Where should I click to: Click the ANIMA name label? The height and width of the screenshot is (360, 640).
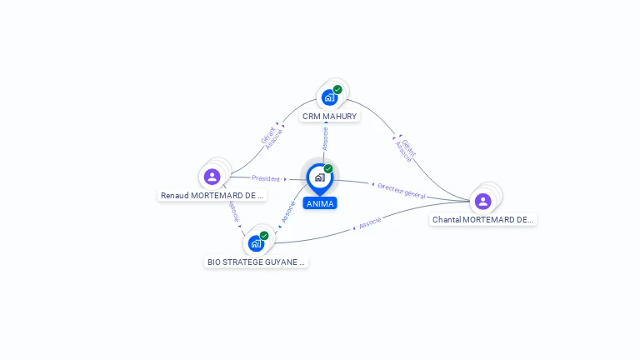(x=320, y=203)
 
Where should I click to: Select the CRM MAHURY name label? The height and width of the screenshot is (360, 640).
(x=329, y=117)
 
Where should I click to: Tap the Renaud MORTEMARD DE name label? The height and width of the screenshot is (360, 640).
(x=212, y=196)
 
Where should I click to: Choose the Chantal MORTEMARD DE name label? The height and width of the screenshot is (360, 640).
(x=483, y=220)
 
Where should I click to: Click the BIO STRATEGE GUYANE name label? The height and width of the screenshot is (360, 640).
(x=257, y=262)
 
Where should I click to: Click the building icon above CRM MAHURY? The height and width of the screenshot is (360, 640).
(x=329, y=97)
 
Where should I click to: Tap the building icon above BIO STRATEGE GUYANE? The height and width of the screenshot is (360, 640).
(x=256, y=243)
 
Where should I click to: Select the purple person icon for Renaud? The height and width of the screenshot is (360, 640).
(x=212, y=177)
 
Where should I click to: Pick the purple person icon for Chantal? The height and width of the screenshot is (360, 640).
(x=482, y=201)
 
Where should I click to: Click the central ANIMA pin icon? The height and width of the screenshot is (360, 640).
(x=319, y=177)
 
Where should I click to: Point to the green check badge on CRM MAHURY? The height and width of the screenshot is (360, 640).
(x=337, y=89)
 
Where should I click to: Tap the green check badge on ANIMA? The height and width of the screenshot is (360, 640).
(x=328, y=168)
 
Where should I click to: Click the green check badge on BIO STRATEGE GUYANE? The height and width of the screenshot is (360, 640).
(x=264, y=235)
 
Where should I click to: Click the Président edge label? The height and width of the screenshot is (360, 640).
(x=266, y=178)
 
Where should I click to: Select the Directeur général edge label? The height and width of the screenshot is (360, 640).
(x=402, y=190)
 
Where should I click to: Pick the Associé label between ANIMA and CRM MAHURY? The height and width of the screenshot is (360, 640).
(x=325, y=138)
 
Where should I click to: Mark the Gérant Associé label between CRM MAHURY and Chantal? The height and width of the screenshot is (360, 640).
(x=406, y=148)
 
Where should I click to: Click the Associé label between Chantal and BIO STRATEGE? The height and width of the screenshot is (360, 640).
(x=370, y=222)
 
